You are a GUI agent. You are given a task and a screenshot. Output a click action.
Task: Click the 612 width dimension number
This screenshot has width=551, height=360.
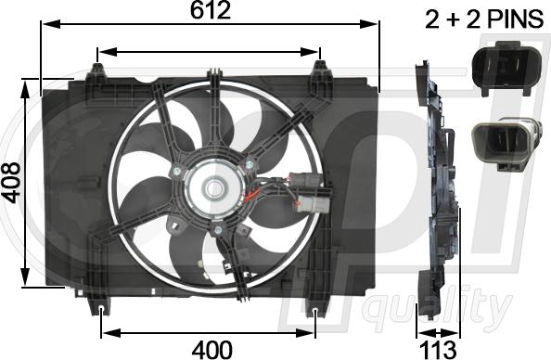211,10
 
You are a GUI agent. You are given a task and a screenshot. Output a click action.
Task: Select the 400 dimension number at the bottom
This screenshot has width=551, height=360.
211,350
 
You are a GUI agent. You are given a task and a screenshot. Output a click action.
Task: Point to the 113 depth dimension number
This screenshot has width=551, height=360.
438,350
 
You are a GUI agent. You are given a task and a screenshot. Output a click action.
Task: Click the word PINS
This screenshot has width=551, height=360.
516,19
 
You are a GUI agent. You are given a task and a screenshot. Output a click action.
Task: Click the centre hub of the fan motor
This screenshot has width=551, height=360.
212,188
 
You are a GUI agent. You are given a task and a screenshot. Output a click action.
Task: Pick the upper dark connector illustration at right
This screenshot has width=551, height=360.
506,68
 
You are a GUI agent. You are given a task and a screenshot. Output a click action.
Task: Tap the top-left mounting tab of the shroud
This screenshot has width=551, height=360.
97,72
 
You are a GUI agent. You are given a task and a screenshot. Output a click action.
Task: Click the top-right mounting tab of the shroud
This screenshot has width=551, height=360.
320,71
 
